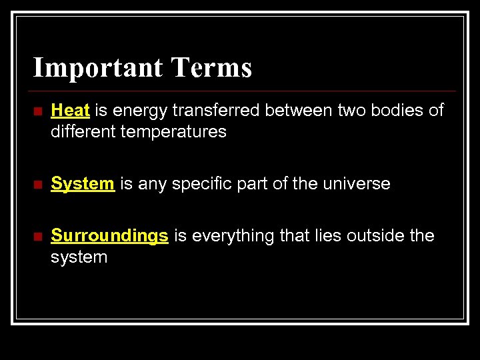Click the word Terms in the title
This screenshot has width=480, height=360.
tap(211, 68)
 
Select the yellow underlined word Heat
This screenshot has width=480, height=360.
tap(70, 110)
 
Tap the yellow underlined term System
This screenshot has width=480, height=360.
tap(83, 183)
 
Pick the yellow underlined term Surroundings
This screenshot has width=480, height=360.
tap(109, 235)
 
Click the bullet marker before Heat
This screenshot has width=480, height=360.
tap(37, 111)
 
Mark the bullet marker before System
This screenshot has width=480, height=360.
tap(37, 184)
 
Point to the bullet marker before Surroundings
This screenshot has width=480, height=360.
tap(37, 236)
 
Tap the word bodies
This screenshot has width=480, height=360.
tap(393, 110)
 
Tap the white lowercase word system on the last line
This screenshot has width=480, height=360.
tap(79, 257)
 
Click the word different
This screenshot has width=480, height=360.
tap(85, 131)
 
